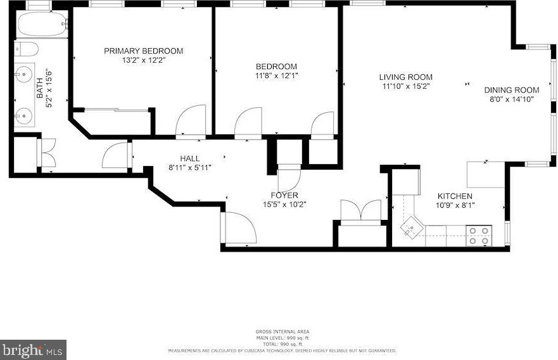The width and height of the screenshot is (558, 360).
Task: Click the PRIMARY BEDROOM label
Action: pyautogui.click(x=144, y=51)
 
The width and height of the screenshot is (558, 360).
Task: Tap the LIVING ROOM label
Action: pyautogui.click(x=406, y=77)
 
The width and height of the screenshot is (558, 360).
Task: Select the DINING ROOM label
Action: pyautogui.click(x=512, y=90)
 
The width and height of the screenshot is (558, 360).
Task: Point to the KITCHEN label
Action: pyautogui.click(x=454, y=196)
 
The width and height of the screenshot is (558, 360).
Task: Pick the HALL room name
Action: pyautogui.click(x=189, y=158)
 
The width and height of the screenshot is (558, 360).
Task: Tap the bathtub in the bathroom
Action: pyautogui.click(x=41, y=25)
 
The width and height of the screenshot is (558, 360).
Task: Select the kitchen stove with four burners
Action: pyautogui.click(x=479, y=236)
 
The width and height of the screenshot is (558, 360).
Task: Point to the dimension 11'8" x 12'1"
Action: pyautogui.click(x=276, y=75)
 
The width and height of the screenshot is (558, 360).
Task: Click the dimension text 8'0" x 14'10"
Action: pyautogui.click(x=512, y=99)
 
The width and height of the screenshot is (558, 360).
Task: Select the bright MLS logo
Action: pyautogui.click(x=33, y=349)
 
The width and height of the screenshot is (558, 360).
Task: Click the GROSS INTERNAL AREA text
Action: pyautogui.click(x=282, y=331)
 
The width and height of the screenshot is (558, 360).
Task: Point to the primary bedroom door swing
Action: pyautogui.click(x=191, y=120)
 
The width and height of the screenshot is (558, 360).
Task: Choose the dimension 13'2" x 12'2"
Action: pyautogui.click(x=144, y=60)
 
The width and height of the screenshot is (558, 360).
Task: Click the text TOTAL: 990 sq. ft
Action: pyautogui.click(x=282, y=344)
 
